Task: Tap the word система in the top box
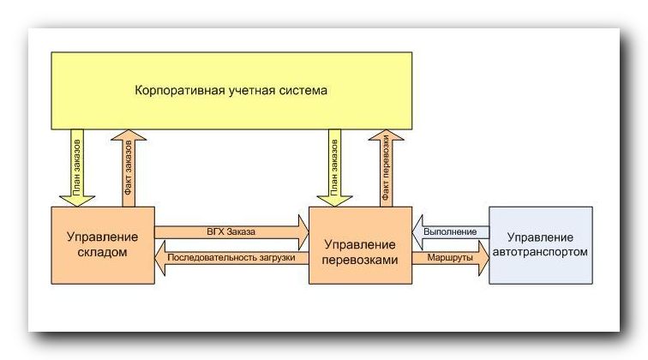point(303,90)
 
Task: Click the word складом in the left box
point(103,252)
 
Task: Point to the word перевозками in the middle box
point(360,260)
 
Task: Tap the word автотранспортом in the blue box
point(541,252)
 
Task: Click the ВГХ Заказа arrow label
point(231,232)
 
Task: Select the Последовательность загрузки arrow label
point(231,257)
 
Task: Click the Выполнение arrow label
point(450,232)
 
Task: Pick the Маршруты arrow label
point(450,257)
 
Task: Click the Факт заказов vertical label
point(128,168)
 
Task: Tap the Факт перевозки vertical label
point(386,168)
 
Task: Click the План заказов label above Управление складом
point(77,167)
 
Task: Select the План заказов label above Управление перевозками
point(334,167)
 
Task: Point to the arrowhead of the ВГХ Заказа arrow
point(303,232)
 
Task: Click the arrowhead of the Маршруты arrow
point(484,258)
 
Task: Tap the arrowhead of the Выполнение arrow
point(417,232)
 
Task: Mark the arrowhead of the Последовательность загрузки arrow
point(160,258)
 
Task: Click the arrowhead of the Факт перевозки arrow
point(386,135)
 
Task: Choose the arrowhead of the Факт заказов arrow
point(129,135)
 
